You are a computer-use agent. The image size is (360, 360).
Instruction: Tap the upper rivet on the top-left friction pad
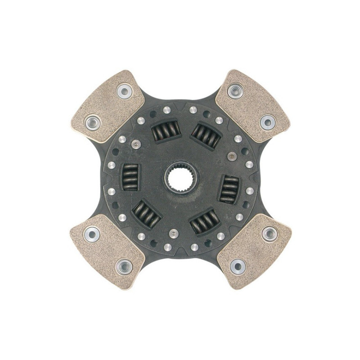point(124,91)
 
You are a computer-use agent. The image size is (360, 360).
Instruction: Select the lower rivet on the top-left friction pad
point(94,121)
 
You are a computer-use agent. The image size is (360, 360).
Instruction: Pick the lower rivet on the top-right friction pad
point(267,121)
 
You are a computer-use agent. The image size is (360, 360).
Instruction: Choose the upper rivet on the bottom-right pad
point(269,233)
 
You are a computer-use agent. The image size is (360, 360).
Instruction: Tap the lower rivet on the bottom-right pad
point(238,266)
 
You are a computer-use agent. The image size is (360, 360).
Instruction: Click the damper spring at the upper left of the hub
point(162,132)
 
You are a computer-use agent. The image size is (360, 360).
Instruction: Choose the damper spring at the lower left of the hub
point(146,213)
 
